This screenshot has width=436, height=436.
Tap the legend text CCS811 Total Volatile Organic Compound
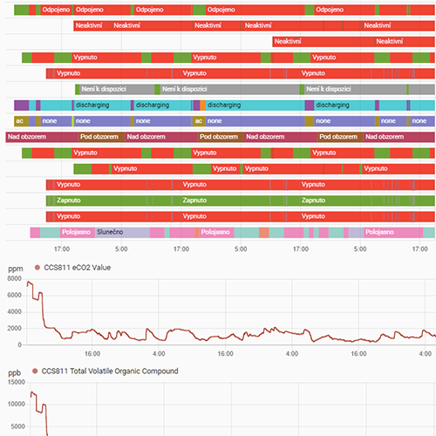pyautogui.click(x=110, y=371)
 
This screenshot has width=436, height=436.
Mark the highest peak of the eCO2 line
pyautogui.click(x=32, y=283)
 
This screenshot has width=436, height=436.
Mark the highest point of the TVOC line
pyautogui.click(x=33, y=392)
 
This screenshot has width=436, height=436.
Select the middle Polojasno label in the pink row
pyautogui.click(x=215, y=232)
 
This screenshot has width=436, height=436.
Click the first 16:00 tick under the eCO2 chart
pyautogui.click(x=93, y=353)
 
